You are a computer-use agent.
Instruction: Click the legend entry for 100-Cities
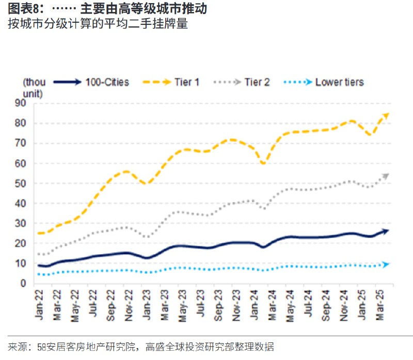click(x=107, y=82)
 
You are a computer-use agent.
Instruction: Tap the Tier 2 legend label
click(x=257, y=82)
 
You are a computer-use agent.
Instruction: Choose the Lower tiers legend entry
click(x=339, y=82)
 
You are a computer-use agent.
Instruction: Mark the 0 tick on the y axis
click(x=23, y=284)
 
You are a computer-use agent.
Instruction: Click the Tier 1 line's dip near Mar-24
click(x=263, y=163)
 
